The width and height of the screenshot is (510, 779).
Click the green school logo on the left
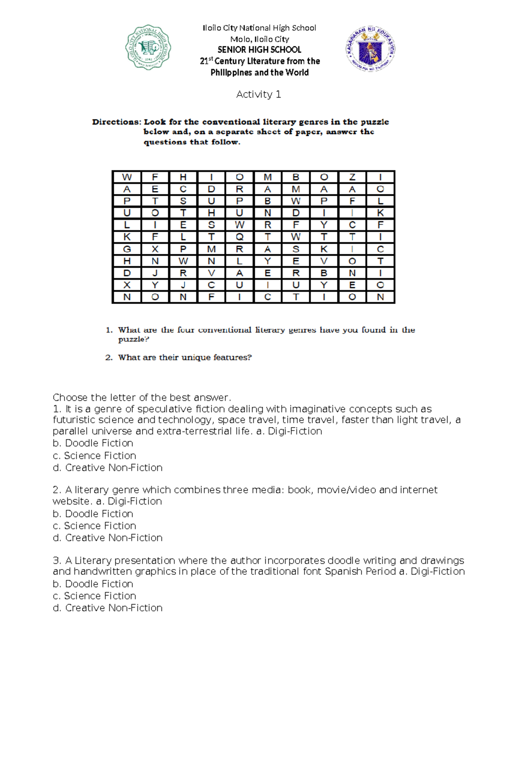click(148, 48)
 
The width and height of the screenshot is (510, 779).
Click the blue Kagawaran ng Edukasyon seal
click(370, 49)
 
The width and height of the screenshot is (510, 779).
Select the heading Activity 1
click(258, 94)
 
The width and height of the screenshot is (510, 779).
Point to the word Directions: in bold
click(116, 122)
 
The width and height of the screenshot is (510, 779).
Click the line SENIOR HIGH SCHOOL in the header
click(259, 50)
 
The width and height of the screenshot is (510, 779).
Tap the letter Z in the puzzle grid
click(352, 177)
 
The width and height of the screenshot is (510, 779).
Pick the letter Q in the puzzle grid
click(239, 237)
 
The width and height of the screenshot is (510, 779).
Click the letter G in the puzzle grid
click(127, 249)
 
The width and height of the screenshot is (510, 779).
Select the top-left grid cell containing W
click(127, 177)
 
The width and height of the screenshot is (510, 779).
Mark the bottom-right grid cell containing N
click(380, 297)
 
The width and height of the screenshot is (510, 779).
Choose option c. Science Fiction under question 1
click(94, 456)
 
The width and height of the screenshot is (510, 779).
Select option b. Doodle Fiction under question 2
click(93, 514)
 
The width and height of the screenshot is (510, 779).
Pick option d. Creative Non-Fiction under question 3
click(108, 608)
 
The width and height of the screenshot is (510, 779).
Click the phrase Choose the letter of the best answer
click(142, 398)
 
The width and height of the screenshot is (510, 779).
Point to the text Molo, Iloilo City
click(259, 39)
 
